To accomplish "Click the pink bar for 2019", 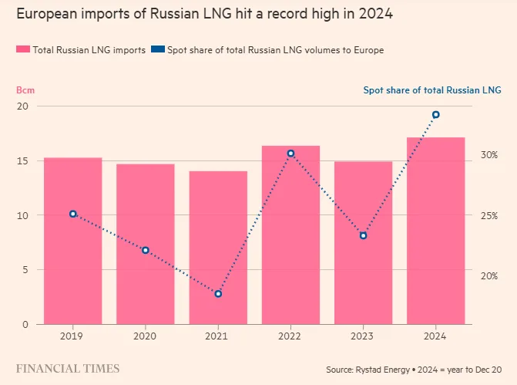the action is [x=73, y=241].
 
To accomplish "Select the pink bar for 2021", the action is [x=218, y=248].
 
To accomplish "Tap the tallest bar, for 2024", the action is [x=435, y=231].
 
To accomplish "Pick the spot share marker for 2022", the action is [x=290, y=154].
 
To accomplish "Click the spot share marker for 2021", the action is [x=218, y=293].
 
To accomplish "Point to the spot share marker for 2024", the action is [x=435, y=115].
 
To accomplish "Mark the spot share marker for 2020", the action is [x=146, y=250].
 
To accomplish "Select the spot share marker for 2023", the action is [x=363, y=235].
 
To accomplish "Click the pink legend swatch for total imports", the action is [x=23, y=49].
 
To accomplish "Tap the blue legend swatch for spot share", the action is [x=158, y=49].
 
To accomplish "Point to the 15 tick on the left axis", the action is [x=23, y=161].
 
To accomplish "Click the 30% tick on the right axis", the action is [x=489, y=155].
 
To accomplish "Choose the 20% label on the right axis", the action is [x=489, y=275].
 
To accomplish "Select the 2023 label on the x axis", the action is [x=362, y=336].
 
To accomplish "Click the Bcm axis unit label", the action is [x=25, y=90].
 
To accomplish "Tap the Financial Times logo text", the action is [x=68, y=369].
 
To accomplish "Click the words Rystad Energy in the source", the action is [x=382, y=370].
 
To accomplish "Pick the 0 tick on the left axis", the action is [x=25, y=325].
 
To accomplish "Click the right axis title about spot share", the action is [x=432, y=90].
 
